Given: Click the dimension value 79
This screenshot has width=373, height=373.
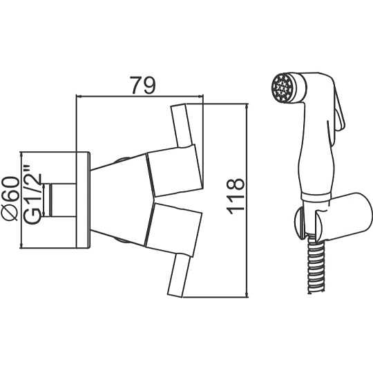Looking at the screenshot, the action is click(x=142, y=85).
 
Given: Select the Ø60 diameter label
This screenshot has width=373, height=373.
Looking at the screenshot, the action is click(x=10, y=198).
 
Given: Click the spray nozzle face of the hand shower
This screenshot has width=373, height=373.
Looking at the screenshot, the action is click(x=281, y=88).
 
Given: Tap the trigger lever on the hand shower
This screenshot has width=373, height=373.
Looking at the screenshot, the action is click(x=339, y=112).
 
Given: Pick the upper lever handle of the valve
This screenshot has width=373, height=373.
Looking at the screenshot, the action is click(x=182, y=126).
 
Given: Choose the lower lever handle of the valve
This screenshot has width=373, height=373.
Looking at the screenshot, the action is click(x=178, y=275).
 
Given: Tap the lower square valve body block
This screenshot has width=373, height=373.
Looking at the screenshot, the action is click(x=173, y=229).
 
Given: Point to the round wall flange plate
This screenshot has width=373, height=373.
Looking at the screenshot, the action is click(x=83, y=200).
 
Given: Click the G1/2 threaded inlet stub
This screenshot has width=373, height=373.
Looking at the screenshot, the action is click(x=63, y=200).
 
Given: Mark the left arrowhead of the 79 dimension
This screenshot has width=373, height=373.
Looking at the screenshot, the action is click(x=79, y=96).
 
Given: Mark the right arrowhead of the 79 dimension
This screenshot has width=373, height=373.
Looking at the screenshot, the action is click(x=201, y=96).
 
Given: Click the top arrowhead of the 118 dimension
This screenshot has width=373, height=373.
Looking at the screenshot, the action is click(x=247, y=106).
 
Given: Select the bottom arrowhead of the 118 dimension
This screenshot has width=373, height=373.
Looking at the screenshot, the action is click(x=247, y=294).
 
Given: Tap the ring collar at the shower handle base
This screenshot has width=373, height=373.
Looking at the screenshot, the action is click(x=315, y=196).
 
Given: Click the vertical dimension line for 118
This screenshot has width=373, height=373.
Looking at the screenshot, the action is click(x=247, y=200).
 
